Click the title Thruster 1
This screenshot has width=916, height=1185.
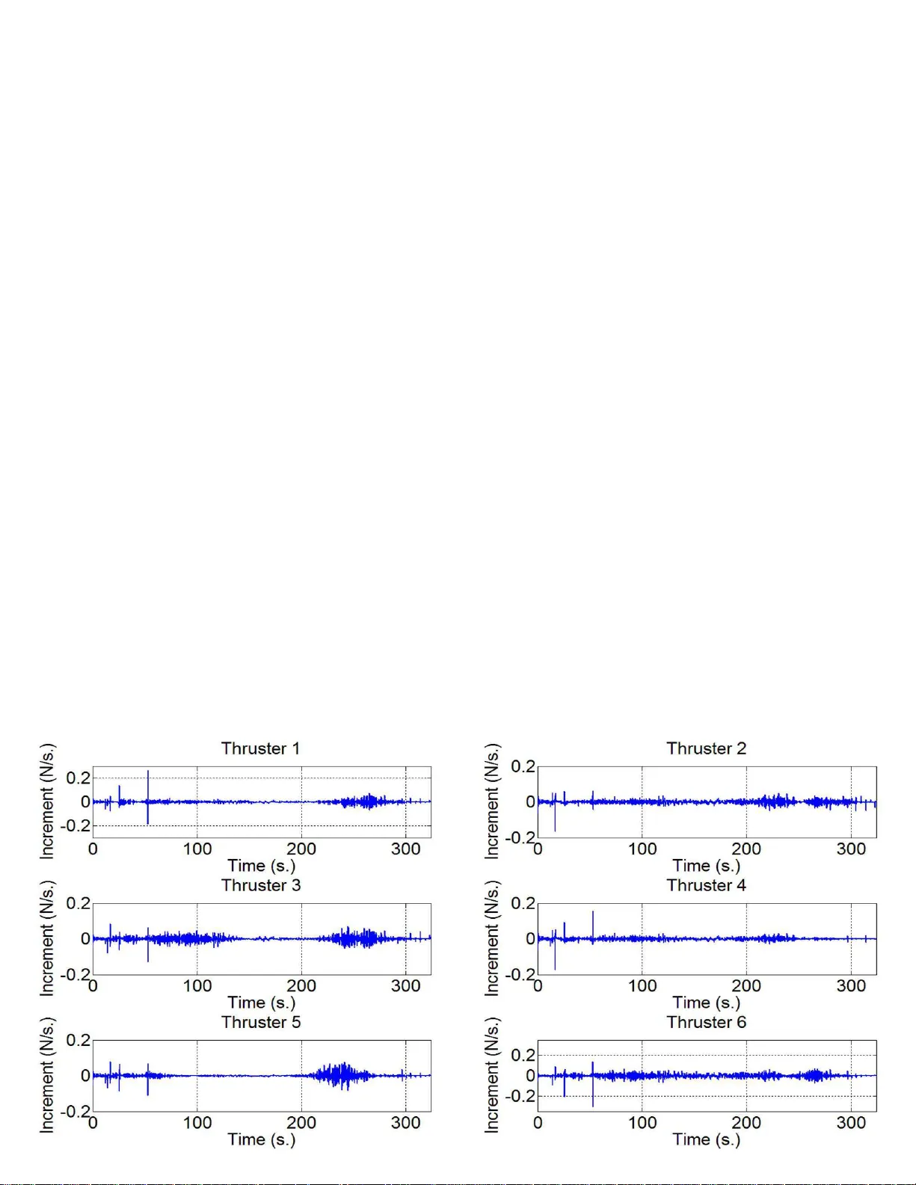pyautogui.click(x=260, y=748)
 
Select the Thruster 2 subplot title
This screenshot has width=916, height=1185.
pyautogui.click(x=706, y=748)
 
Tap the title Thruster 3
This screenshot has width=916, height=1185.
pyautogui.click(x=260, y=885)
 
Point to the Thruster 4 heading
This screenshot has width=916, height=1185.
pyautogui.click(x=706, y=885)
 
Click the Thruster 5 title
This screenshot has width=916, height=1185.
pyautogui.click(x=260, y=1022)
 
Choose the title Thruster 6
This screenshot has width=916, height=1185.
pyautogui.click(x=706, y=1022)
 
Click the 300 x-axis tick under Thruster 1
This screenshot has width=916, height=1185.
pyautogui.click(x=405, y=849)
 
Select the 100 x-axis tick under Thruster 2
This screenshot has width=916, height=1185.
pyautogui.click(x=642, y=849)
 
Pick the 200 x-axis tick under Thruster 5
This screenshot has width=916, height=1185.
pyautogui.click(x=301, y=1123)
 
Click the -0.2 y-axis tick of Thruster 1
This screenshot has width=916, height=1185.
pyautogui.click(x=76, y=826)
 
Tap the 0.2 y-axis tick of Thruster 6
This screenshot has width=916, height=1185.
pyautogui.click(x=523, y=1055)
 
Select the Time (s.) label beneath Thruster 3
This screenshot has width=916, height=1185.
pyautogui.click(x=261, y=1003)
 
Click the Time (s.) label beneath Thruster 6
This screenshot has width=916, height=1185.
pyautogui.click(x=706, y=1139)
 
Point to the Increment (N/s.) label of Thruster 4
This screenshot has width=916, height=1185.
pyautogui.click(x=492, y=938)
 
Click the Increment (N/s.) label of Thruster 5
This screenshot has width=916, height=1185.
pyautogui.click(x=47, y=1075)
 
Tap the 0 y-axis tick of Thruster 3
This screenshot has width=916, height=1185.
pyautogui.click(x=85, y=939)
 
